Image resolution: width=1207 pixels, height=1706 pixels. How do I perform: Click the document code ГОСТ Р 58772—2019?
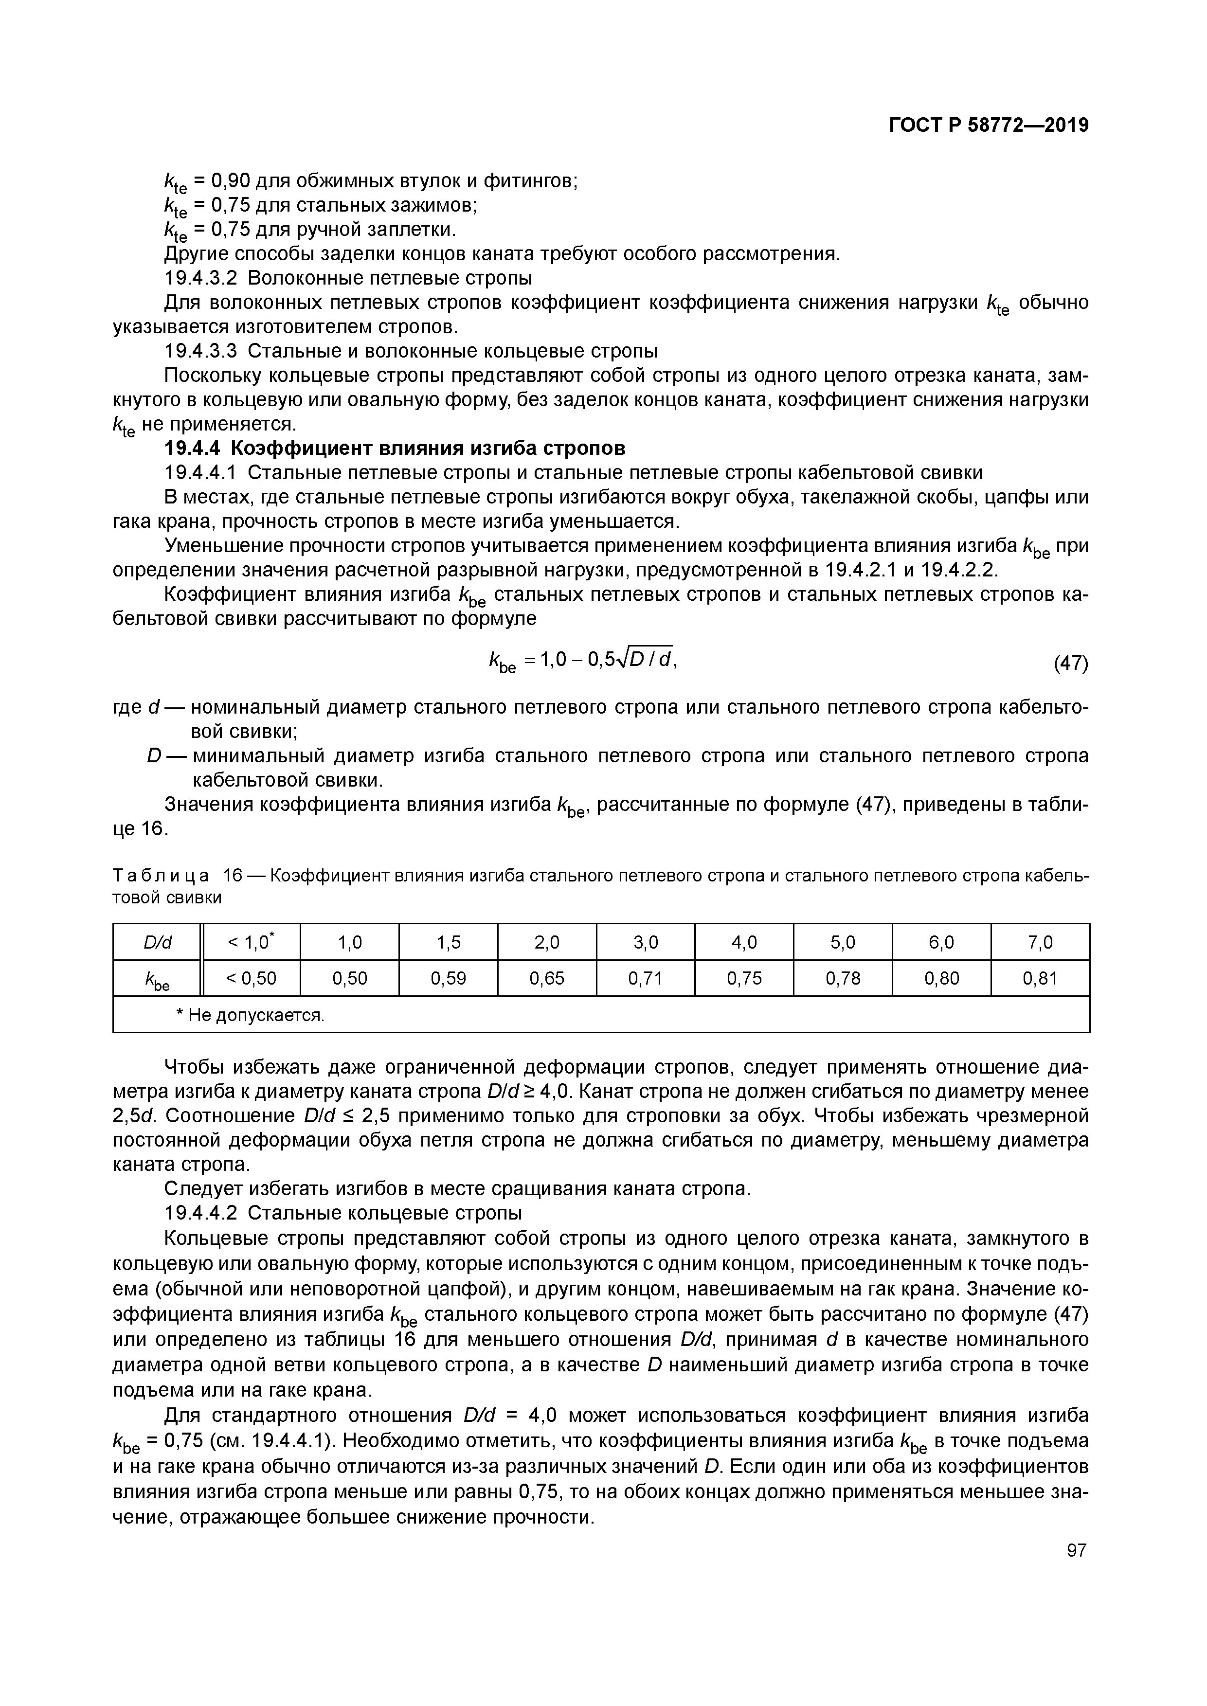[x=989, y=126]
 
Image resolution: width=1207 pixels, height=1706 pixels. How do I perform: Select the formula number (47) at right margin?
[x=1071, y=663]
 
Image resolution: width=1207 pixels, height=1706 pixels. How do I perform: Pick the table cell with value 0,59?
[x=448, y=979]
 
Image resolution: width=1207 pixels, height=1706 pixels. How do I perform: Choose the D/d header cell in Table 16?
[x=157, y=942]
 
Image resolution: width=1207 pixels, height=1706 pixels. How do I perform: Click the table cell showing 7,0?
[x=1040, y=942]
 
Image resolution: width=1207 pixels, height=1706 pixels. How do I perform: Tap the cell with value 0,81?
[x=1040, y=979]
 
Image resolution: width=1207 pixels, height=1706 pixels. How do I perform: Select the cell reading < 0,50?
[x=251, y=979]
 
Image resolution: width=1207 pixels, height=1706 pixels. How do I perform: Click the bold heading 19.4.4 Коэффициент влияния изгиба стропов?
[x=395, y=449]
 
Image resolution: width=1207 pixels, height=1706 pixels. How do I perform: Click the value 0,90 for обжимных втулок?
[x=231, y=180]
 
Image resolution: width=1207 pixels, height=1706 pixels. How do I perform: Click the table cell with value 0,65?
[x=546, y=979]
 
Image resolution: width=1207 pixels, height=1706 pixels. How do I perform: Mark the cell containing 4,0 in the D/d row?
[x=744, y=942]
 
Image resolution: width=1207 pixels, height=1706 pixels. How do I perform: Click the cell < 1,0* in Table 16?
[x=251, y=942]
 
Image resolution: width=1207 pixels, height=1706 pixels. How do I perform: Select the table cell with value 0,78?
[x=843, y=979]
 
